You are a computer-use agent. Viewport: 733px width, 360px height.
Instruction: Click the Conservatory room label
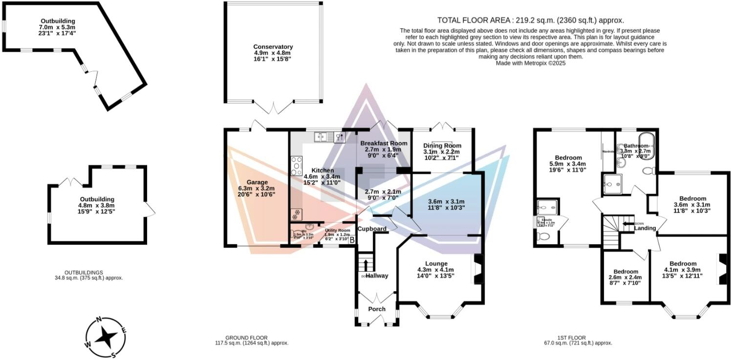273,47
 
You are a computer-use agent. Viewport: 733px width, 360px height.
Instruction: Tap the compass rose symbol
106,337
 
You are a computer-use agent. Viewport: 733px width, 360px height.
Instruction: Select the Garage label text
257,182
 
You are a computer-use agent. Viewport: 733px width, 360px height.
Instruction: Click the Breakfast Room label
384,143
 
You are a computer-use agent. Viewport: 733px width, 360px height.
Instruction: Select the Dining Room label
443,146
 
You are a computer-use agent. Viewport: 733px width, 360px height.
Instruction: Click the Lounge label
436,263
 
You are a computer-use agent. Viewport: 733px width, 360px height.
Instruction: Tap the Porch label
377,309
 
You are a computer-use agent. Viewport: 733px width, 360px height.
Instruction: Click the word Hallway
377,275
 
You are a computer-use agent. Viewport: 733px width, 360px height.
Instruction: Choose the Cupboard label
372,229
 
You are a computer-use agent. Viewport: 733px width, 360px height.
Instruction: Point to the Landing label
645,228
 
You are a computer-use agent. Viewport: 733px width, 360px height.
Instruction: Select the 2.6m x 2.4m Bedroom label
625,272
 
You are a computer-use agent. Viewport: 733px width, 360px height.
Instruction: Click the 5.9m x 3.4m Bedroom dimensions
568,164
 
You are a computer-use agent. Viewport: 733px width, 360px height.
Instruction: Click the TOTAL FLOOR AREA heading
530,20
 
